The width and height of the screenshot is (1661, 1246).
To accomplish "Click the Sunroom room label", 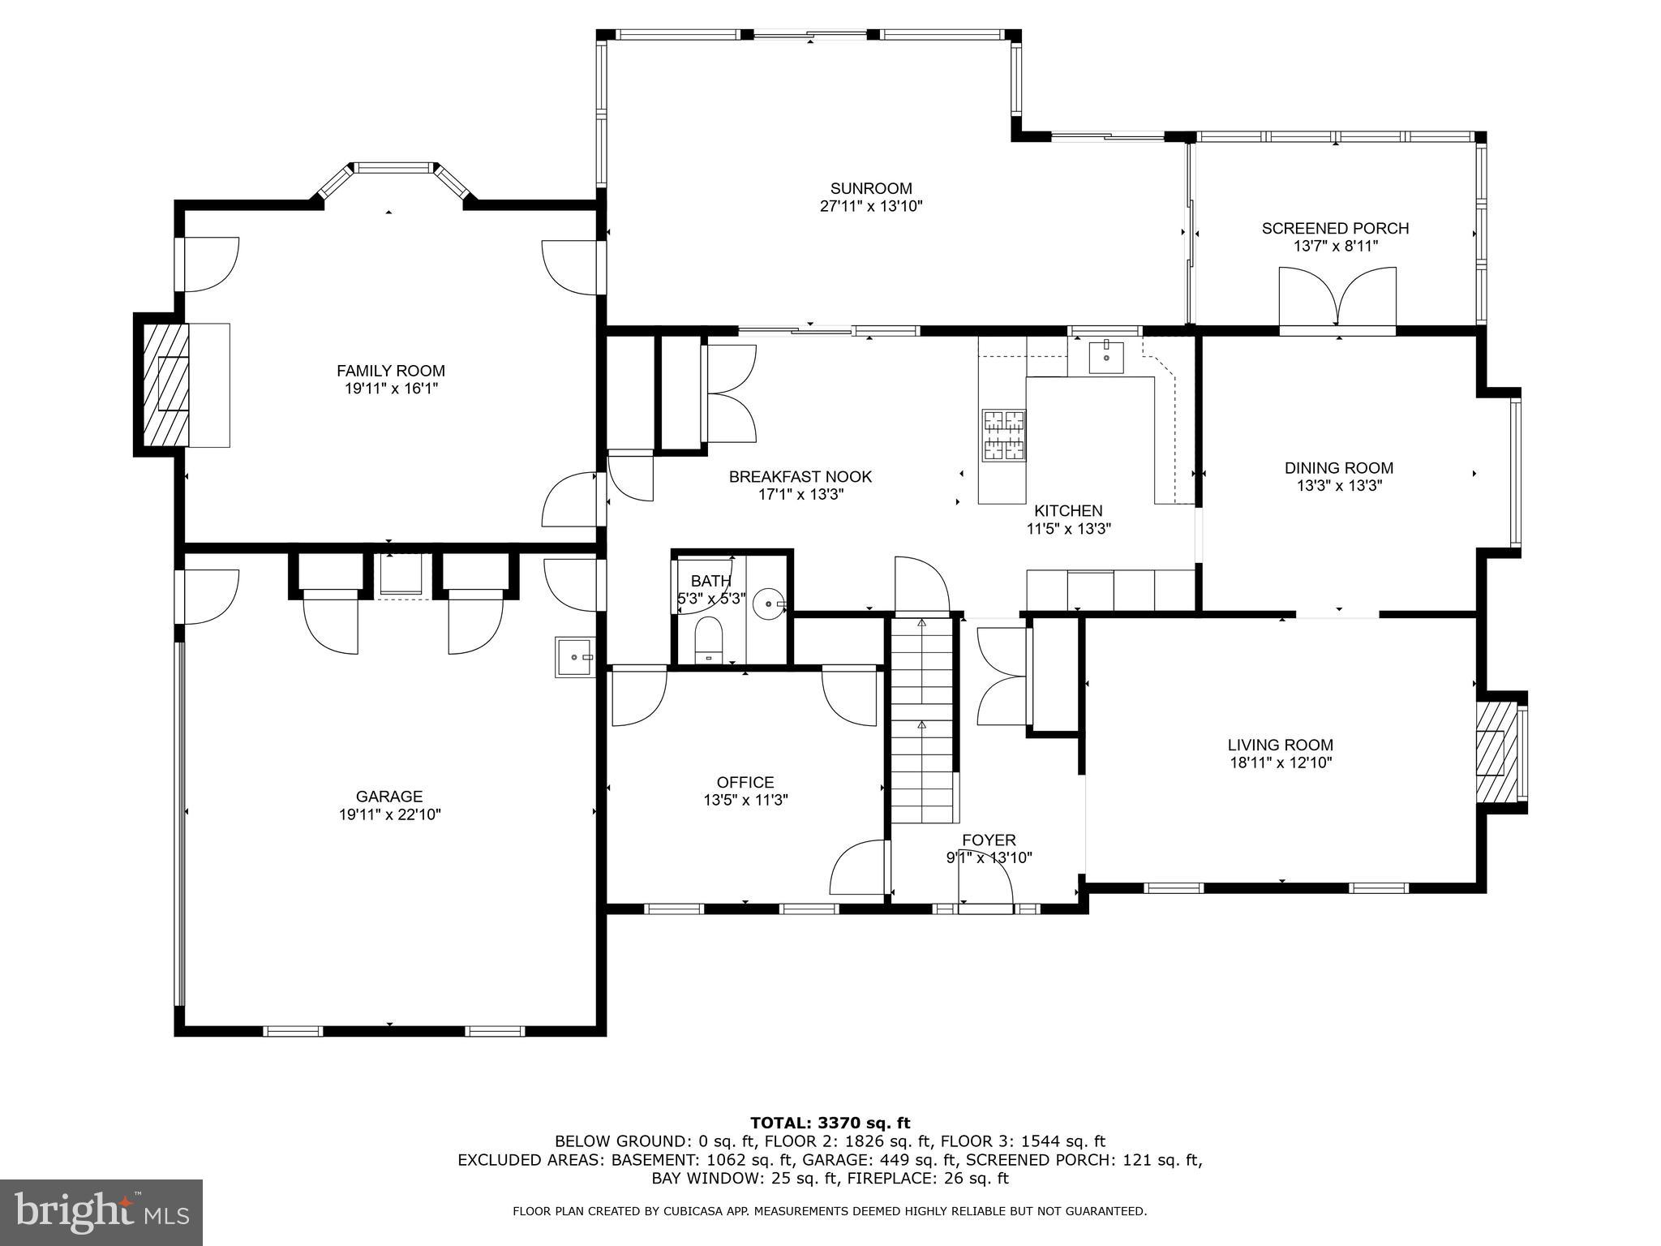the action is [x=871, y=188].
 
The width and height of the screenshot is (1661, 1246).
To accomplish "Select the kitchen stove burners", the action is [x=1004, y=435].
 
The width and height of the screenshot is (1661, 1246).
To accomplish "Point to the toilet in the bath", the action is [x=708, y=638].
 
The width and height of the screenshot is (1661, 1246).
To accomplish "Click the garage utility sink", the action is [x=576, y=656].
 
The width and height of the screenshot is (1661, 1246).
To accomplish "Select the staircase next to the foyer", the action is [x=922, y=720].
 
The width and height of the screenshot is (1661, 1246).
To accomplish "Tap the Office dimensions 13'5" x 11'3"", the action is [x=745, y=800].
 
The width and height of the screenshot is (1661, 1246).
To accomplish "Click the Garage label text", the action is [x=389, y=797].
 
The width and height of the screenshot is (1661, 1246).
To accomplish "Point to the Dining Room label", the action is [x=1339, y=468].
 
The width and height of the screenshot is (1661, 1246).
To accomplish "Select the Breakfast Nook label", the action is [x=800, y=477].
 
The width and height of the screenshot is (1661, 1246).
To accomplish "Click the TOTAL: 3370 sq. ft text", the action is [x=830, y=1124].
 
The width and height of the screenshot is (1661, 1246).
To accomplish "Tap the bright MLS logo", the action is [x=101, y=1213].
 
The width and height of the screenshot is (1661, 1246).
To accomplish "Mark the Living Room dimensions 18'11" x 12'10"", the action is [x=1281, y=763].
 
